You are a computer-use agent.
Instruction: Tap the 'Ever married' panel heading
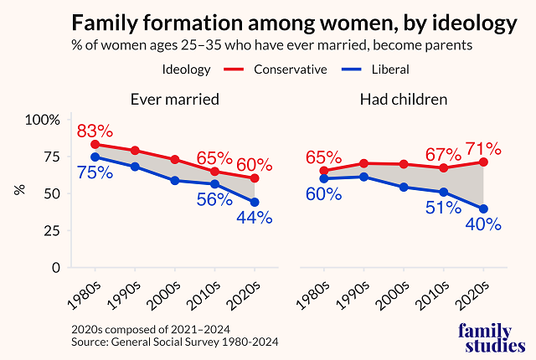(x=174, y=100)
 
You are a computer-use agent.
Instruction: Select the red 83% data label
(x=95, y=131)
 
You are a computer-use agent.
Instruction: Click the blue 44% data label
(x=254, y=218)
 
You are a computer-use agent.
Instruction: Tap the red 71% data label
(x=483, y=150)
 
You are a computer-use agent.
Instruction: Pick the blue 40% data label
(x=483, y=224)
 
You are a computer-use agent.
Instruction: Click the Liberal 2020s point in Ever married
(x=255, y=202)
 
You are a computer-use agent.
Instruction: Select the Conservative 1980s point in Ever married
(x=95, y=145)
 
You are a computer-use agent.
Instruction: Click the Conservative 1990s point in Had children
(x=363, y=163)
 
